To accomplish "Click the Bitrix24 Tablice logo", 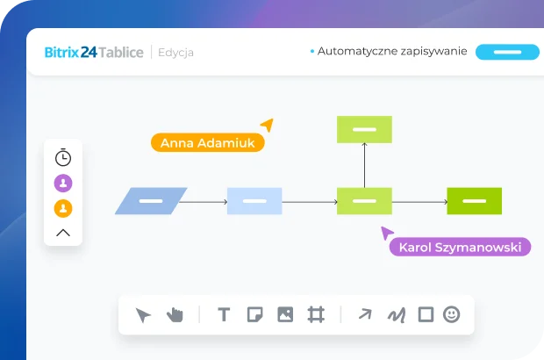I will (x=94, y=52).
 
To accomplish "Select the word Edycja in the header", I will (x=176, y=53).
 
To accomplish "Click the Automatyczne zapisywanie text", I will (x=392, y=52).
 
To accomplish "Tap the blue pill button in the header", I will (x=507, y=52).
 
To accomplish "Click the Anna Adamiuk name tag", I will (x=207, y=143).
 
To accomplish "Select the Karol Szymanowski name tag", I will (x=460, y=248).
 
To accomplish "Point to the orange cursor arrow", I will (x=267, y=126).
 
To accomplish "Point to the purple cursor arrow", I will (x=386, y=233).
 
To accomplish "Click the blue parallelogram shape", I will (x=151, y=201).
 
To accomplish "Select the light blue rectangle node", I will (x=254, y=201).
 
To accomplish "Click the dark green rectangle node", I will (x=474, y=201).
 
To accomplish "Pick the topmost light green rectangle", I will (x=364, y=129).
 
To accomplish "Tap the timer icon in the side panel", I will (x=63, y=158).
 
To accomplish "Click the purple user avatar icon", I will (x=63, y=184).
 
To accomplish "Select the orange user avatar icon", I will (x=63, y=209).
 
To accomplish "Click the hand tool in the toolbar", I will (x=175, y=314).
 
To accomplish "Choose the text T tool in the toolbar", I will (x=224, y=314).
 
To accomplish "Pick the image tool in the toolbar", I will (x=285, y=314).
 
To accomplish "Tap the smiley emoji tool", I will (x=451, y=314).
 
